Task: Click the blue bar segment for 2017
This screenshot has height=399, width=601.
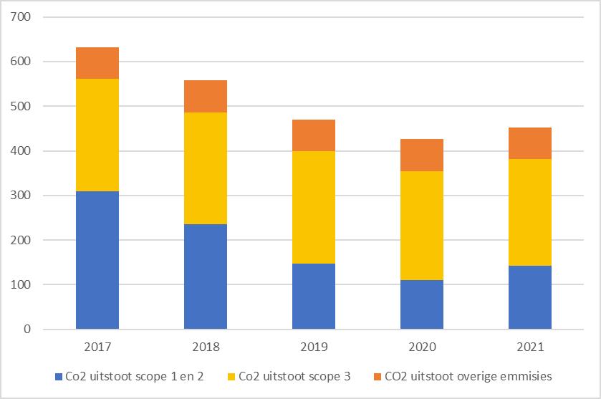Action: (x=97, y=260)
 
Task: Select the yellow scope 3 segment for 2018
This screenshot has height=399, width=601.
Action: (x=206, y=168)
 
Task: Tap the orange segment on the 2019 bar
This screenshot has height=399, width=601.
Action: (x=314, y=135)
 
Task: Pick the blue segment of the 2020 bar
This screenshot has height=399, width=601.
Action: (x=422, y=304)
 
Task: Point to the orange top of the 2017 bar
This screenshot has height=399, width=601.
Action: (x=97, y=63)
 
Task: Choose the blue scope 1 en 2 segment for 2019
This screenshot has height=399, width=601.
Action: (x=314, y=297)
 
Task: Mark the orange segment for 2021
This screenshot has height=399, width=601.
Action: (x=530, y=143)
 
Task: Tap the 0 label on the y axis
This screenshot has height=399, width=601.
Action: (x=29, y=330)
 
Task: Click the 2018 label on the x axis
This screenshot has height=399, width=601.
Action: (x=206, y=347)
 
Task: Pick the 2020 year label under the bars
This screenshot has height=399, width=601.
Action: (x=422, y=347)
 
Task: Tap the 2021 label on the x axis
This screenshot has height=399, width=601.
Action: (x=530, y=347)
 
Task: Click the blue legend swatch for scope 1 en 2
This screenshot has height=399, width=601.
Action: (x=58, y=376)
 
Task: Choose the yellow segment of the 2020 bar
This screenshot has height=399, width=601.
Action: (x=422, y=226)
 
